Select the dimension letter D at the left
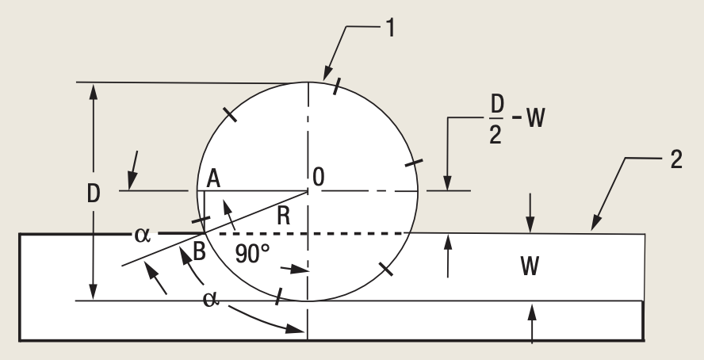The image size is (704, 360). (x=94, y=194)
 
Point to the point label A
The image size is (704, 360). (x=212, y=179)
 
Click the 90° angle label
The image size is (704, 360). (x=253, y=253)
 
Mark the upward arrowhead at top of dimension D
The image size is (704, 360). (x=94, y=88)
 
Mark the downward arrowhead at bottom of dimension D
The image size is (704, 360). (x=94, y=294)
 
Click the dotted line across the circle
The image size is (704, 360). (x=309, y=234)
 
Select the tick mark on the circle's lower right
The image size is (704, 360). (x=386, y=269)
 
